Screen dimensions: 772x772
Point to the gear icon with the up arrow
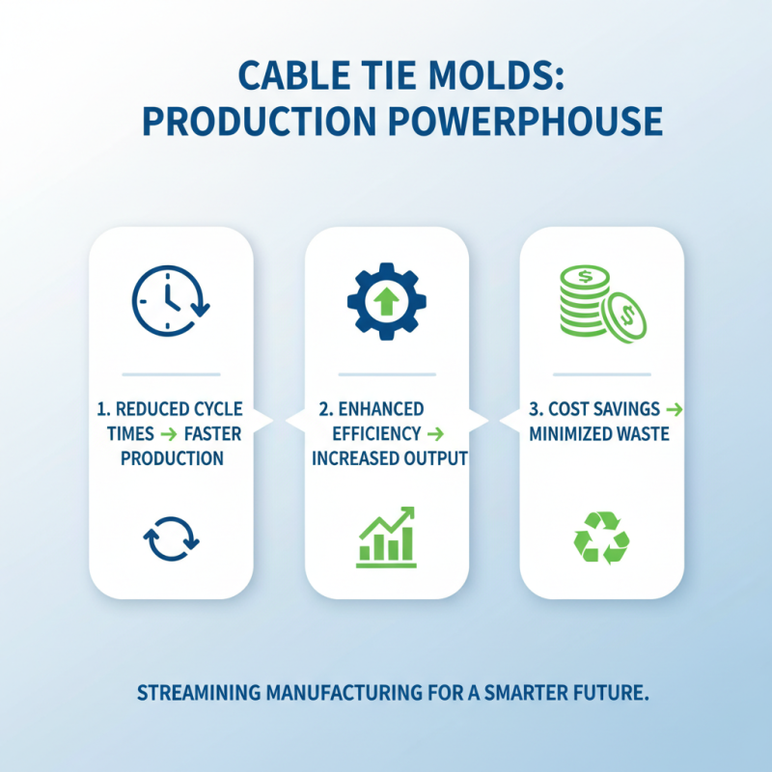[386, 301]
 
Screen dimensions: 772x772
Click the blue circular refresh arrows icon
[171, 536]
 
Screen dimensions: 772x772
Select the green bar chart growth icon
[386, 536]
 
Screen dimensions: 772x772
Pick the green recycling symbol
[601, 537]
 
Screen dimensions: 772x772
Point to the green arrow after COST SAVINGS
[674, 410]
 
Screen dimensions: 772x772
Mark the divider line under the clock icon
[171, 372]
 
